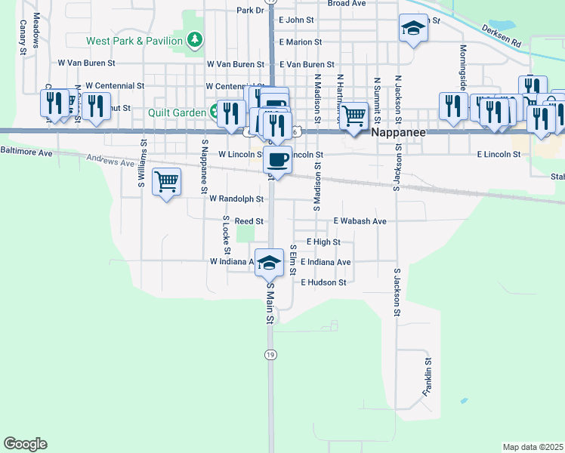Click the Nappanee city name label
(x=400, y=131)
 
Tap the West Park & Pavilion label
(x=134, y=40)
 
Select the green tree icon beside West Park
(x=196, y=39)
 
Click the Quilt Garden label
(x=178, y=113)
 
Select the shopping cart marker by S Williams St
(x=166, y=181)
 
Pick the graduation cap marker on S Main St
(x=268, y=262)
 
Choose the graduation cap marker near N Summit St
(x=412, y=28)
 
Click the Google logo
(x=25, y=444)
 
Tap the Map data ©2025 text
(x=533, y=447)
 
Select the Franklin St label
(x=428, y=377)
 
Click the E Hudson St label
(x=323, y=282)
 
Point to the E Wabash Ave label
(x=360, y=221)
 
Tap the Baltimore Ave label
(x=26, y=153)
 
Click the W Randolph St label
(x=236, y=199)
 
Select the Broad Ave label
(x=347, y=4)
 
